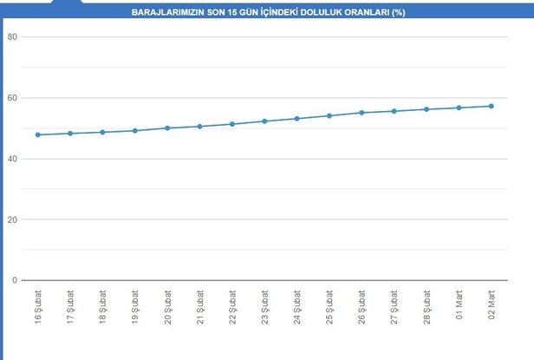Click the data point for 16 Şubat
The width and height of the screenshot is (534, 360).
click(38, 134)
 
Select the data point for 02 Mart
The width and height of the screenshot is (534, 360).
click(492, 106)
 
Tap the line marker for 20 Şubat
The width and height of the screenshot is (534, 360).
click(167, 128)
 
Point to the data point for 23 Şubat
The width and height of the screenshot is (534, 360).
click(264, 121)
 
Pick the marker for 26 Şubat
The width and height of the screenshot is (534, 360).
click(361, 113)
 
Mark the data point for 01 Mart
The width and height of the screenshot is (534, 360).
click(459, 108)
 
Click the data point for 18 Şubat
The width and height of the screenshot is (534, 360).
click(103, 132)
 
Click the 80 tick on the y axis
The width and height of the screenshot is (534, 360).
click(12, 37)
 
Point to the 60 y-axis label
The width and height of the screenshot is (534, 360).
click(12, 98)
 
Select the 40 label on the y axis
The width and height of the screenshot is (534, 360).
click(12, 159)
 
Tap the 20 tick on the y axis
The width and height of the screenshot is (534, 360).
click(12, 219)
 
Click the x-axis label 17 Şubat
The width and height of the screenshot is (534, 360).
click(70, 309)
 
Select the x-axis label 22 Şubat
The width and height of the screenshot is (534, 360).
click(232, 309)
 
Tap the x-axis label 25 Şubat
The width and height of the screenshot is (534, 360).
click(329, 309)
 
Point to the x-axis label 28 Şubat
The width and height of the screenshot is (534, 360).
click(427, 309)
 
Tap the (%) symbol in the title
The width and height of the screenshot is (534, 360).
click(398, 14)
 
